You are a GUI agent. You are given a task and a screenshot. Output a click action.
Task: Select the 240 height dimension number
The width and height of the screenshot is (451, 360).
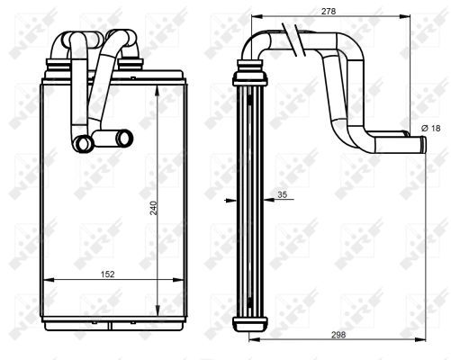tap(153, 208)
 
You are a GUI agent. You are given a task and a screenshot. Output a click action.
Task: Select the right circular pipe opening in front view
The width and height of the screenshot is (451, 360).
tap(122, 138)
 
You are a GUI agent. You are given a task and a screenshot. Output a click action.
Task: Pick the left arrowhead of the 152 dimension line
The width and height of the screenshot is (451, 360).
tap(46, 281)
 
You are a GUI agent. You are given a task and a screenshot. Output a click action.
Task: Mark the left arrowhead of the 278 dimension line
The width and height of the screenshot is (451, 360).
tap(255, 17)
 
